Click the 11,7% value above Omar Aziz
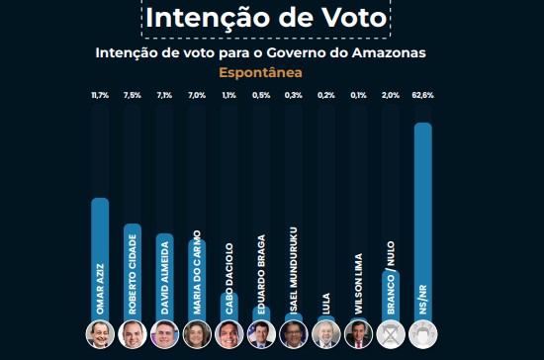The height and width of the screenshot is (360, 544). [100, 95]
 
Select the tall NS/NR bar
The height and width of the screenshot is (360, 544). [423, 223]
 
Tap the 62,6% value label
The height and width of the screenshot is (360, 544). [423, 95]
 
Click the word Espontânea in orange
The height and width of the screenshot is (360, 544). [260, 73]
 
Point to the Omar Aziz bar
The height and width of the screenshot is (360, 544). [100, 260]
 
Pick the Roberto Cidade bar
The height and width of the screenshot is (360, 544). [133, 273]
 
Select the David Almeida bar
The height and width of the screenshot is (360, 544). [164, 278]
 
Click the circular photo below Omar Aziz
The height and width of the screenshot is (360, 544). [100, 334]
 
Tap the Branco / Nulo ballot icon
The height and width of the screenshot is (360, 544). [391, 334]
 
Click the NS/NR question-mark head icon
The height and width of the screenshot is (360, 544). [423, 334]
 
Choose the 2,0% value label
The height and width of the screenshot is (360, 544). [391, 95]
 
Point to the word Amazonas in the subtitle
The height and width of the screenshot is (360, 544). [389, 52]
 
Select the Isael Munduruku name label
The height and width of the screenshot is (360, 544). [294, 271]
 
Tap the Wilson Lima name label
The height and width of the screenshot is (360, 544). [358, 284]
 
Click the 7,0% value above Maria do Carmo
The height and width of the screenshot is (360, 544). [197, 95]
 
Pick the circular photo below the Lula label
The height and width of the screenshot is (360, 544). [326, 334]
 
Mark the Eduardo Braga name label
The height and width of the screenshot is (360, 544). [261, 274]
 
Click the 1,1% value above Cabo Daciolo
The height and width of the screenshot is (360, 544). [229, 95]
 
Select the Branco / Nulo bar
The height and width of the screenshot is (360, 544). [391, 297]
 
